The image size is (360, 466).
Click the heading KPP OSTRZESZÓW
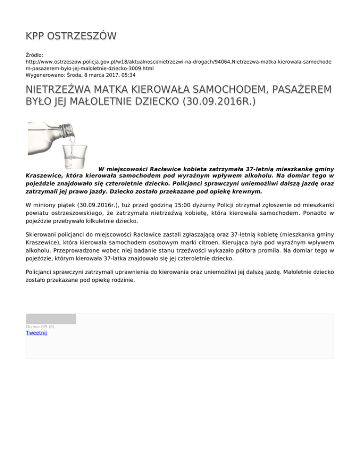[71, 36]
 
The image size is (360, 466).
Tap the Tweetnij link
[36, 333]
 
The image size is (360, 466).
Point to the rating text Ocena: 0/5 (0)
[40, 327]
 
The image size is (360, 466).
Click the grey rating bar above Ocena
[51, 319]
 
